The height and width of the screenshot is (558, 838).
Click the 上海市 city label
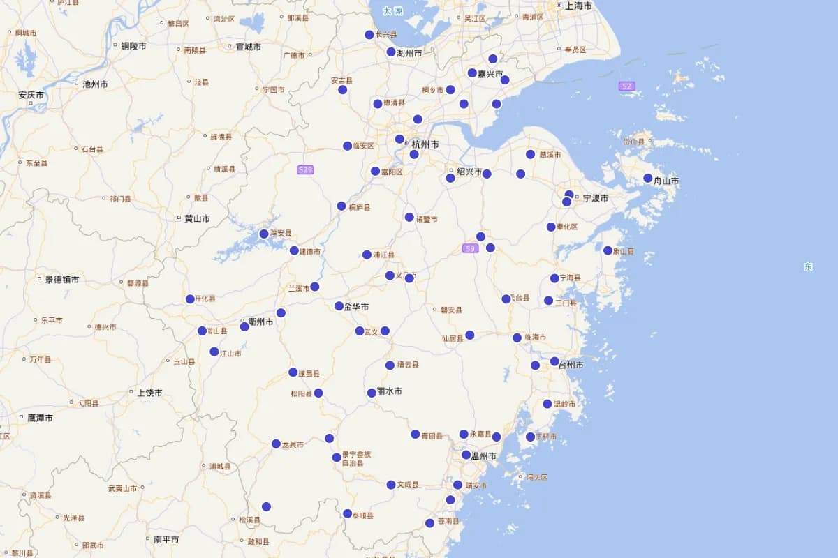point(578,6)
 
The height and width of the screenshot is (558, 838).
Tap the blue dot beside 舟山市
point(648,178)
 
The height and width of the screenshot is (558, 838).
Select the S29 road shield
point(305,169)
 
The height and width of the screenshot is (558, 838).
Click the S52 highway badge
point(626,86)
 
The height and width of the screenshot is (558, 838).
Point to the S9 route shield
point(470,248)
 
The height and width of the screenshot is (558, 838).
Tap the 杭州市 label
point(425,144)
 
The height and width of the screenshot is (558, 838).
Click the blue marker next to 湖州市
point(391,52)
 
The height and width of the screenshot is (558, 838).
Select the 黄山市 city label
point(197,218)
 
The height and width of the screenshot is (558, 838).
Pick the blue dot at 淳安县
point(264,234)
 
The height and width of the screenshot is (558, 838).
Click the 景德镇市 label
point(62,280)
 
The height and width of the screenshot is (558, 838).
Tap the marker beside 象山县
point(608,250)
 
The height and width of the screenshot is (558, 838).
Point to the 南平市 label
point(166,539)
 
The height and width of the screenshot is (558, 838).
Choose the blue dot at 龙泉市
point(276,444)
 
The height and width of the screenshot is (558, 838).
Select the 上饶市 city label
point(150,393)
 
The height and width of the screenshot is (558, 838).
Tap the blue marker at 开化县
point(190,299)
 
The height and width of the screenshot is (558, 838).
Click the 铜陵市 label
point(133,46)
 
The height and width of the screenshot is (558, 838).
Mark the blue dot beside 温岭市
point(547,404)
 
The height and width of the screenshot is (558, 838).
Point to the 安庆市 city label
point(31,95)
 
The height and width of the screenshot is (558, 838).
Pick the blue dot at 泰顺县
point(347,513)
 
